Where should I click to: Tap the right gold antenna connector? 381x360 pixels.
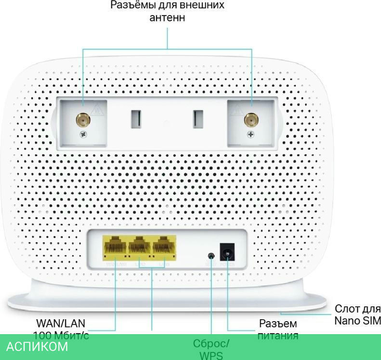pyautogui.click(x=250, y=120)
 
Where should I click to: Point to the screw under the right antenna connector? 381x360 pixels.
pyautogui.click(x=250, y=134)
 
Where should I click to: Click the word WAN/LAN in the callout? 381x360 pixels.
pyautogui.click(x=61, y=323)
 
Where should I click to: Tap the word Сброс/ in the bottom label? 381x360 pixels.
pyautogui.click(x=211, y=344)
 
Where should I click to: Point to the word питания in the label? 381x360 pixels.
pyautogui.click(x=278, y=336)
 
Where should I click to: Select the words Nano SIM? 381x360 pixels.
pyautogui.click(x=357, y=321)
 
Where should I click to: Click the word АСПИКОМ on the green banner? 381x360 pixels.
pyautogui.click(x=37, y=346)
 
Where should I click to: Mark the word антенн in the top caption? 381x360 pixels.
pyautogui.click(x=168, y=18)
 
